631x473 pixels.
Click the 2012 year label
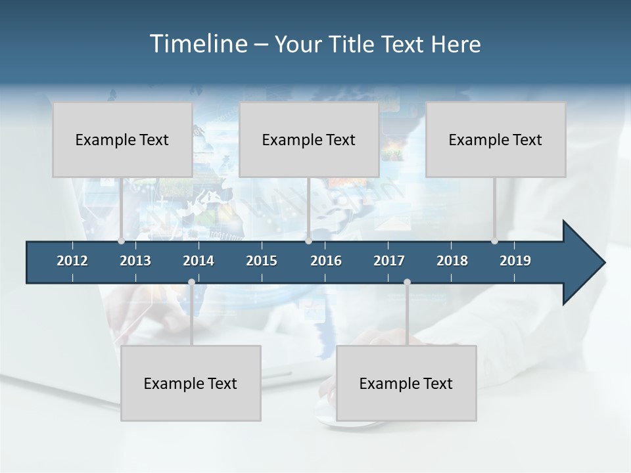coord(72,261)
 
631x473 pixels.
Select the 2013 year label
coord(135,261)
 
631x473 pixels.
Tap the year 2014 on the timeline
coord(199,261)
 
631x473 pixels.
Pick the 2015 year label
coord(262,261)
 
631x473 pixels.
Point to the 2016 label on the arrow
coord(326,261)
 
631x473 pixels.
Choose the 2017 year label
coord(389,261)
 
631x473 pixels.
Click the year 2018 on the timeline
coord(452,261)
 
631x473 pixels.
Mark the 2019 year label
coord(515,261)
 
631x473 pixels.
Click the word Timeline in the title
coord(197,44)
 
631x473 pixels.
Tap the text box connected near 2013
coord(122,140)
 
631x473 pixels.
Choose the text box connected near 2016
coord(309,140)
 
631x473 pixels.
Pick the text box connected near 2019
coord(496,140)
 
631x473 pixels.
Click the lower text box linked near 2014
coord(191,384)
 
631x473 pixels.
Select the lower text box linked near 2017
coord(406,384)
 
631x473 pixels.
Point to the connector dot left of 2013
coord(121,240)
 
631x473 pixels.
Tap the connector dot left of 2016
coord(308,240)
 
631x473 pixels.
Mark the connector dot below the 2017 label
coord(407,282)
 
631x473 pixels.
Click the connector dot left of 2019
coord(495,240)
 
